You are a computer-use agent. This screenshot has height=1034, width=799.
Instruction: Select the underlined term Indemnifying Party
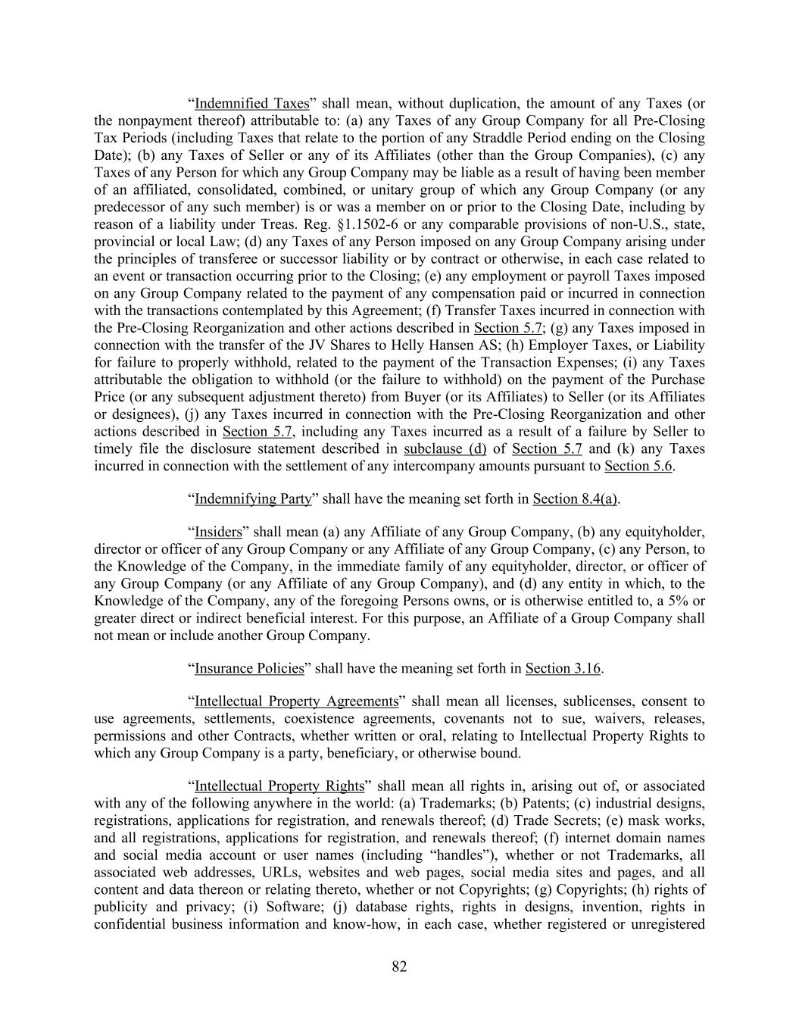tap(253, 498)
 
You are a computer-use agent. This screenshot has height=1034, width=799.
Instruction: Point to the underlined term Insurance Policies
tap(249, 668)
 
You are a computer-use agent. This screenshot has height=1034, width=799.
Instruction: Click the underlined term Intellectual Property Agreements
tap(296, 701)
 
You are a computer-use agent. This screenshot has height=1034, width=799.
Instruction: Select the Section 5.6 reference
tap(638, 466)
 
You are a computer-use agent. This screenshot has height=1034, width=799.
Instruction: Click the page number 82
tap(400, 966)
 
